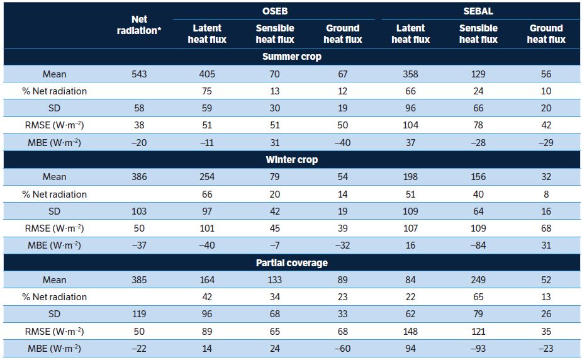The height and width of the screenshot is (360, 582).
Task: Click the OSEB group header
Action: [275, 11]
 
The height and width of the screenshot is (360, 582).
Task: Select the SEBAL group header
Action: [478, 11]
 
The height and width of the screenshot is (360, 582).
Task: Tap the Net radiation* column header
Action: [139, 25]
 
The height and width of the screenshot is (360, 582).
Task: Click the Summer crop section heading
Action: [292, 57]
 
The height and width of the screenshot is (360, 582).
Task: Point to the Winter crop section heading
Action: [292, 160]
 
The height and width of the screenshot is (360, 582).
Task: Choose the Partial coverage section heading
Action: [292, 263]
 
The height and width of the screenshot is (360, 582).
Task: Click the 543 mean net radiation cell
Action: [139, 74]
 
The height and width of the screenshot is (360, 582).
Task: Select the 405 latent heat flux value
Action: [207, 74]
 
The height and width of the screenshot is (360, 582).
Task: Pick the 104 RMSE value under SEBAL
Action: [410, 125]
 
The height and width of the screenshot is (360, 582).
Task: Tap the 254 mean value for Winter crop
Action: [207, 177]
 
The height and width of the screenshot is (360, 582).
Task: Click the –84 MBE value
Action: [478, 245]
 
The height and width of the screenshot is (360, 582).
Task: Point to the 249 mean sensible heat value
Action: [478, 280]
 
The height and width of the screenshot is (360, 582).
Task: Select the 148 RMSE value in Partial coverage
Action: [410, 332]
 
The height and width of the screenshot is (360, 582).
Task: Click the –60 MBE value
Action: [342, 349]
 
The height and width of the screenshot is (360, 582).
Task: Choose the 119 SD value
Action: [139, 314]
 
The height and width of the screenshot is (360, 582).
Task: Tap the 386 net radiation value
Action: [139, 177]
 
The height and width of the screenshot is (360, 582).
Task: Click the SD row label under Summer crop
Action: [54, 108]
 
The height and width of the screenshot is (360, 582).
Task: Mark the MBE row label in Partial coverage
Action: [54, 349]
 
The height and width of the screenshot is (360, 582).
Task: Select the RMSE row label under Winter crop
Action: [54, 228]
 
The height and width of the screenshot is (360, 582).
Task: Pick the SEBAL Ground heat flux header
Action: [546, 34]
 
